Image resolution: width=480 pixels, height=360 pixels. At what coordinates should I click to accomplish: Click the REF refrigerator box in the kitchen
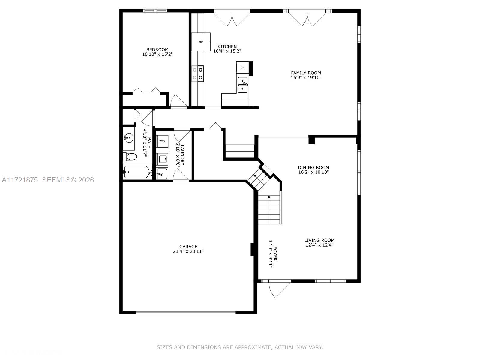(200, 42)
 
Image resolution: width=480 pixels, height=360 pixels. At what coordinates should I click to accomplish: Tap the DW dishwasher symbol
(242, 67)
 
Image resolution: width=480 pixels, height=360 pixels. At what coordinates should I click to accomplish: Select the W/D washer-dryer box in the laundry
(162, 141)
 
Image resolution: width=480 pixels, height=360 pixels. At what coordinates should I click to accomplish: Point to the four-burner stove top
(198, 74)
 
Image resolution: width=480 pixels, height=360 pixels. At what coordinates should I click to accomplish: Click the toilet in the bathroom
(130, 157)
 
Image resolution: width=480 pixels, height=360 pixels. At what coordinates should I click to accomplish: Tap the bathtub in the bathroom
(137, 172)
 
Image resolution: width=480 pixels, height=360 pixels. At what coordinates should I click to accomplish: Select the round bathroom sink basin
(129, 139)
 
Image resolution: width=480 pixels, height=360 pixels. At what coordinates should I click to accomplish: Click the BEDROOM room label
(157, 49)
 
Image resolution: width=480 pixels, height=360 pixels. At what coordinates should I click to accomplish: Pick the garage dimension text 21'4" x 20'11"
(188, 251)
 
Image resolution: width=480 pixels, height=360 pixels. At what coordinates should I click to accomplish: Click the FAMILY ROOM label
(306, 73)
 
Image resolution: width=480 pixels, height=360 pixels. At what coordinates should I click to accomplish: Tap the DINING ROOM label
(313, 167)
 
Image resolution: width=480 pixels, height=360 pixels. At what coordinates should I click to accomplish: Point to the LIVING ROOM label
(319, 240)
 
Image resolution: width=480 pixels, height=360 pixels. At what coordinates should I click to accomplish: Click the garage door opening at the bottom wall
(186, 312)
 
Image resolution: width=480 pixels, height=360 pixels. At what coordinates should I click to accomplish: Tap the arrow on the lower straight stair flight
(269, 197)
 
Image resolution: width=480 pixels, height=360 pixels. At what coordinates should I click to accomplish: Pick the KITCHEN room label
(227, 46)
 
